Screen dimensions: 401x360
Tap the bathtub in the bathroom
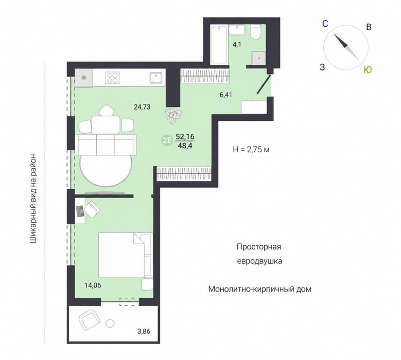[219, 45]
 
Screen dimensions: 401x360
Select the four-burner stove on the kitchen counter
[113, 78]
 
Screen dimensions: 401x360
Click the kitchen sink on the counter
[156, 78]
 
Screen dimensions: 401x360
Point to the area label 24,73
[142, 107]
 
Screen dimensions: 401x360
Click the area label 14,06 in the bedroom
[93, 285]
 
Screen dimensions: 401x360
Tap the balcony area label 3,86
[144, 331]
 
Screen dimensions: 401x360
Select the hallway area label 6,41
[226, 95]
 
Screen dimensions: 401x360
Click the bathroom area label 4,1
[237, 44]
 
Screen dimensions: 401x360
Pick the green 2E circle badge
[167, 140]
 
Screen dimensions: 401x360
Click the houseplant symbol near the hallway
[173, 116]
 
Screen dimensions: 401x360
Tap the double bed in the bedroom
[126, 255]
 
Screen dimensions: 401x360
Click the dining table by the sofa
[106, 124]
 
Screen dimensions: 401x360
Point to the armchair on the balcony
[88, 319]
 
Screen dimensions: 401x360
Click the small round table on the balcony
[110, 323]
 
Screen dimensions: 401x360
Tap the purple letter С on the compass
[325, 24]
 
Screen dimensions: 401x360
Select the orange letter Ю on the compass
[368, 70]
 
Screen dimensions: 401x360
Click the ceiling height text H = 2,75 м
[251, 149]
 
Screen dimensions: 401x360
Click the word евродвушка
[259, 261]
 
